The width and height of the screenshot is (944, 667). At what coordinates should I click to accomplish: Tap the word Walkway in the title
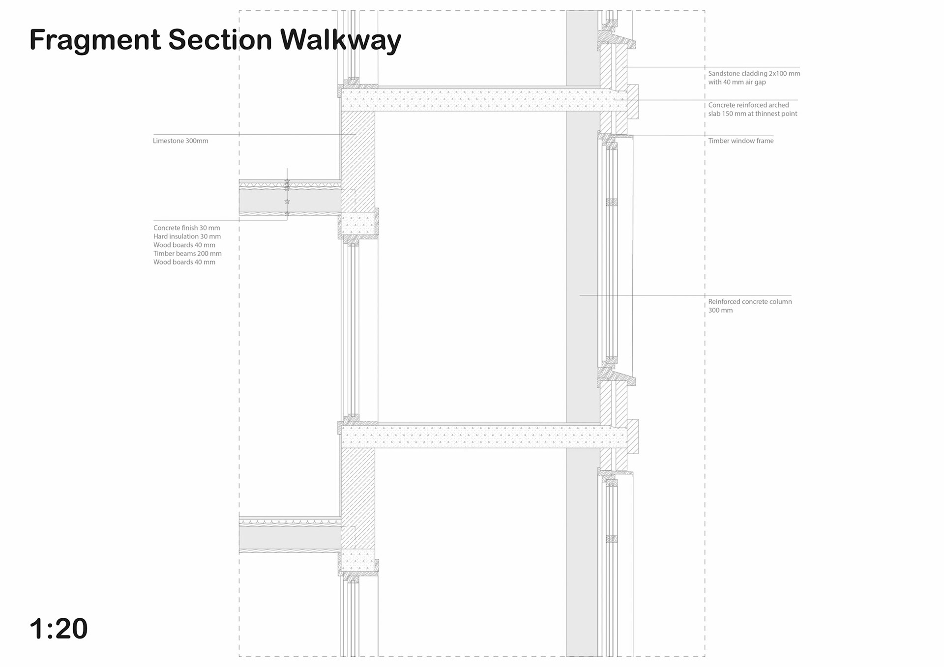pos(340,40)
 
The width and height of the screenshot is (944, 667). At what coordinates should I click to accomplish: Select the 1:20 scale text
pos(59,628)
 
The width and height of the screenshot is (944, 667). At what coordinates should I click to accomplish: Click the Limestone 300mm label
pos(180,141)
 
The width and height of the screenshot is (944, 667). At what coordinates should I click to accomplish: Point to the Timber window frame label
pos(740,141)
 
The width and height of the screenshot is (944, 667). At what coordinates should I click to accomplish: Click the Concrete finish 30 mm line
pos(186,228)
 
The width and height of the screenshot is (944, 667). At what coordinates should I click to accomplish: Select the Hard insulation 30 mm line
pos(187,236)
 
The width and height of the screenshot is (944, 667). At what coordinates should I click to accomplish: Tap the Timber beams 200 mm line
pos(187,254)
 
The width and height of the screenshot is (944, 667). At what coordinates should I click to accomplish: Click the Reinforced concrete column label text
pos(750,302)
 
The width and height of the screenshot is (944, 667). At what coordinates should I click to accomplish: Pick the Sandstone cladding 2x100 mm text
pos(754,74)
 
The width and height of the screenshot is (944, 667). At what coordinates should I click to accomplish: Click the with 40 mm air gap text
pos(737,82)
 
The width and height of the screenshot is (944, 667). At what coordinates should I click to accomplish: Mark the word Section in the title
pos(220,40)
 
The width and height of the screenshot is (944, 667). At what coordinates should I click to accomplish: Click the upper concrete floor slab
pos(472,100)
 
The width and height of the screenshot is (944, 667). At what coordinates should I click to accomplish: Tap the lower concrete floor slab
pos(472,437)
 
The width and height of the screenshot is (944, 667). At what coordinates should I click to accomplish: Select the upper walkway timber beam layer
pos(290,201)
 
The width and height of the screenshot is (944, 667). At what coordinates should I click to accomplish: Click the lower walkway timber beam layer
pos(290,538)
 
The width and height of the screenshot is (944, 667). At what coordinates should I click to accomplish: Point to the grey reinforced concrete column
pos(582,295)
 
